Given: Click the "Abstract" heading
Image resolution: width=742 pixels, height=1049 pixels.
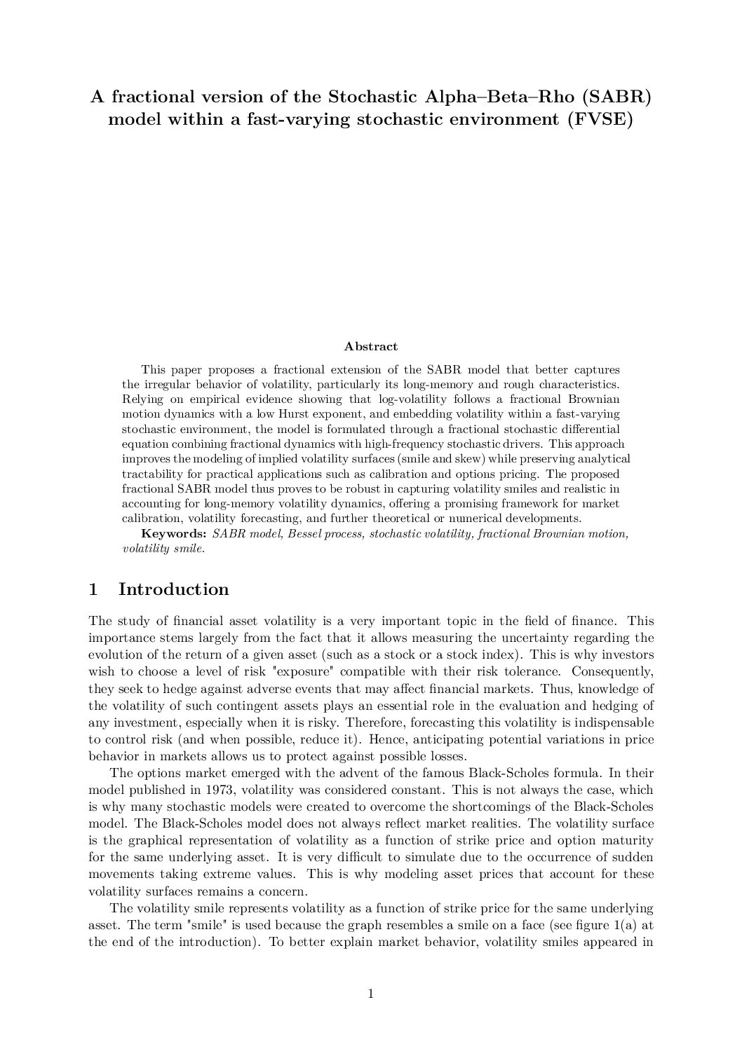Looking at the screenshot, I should coord(371,346).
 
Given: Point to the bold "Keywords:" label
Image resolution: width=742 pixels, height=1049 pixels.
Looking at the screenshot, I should coord(174,534).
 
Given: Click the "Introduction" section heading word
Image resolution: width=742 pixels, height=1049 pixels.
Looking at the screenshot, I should coord(173,589).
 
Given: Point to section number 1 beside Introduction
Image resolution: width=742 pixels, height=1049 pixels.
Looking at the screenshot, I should coord(93,589).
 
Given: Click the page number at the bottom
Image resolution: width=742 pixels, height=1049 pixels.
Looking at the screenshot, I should coord(371,993).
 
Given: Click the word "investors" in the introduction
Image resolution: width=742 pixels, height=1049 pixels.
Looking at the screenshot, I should coord(626,654).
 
